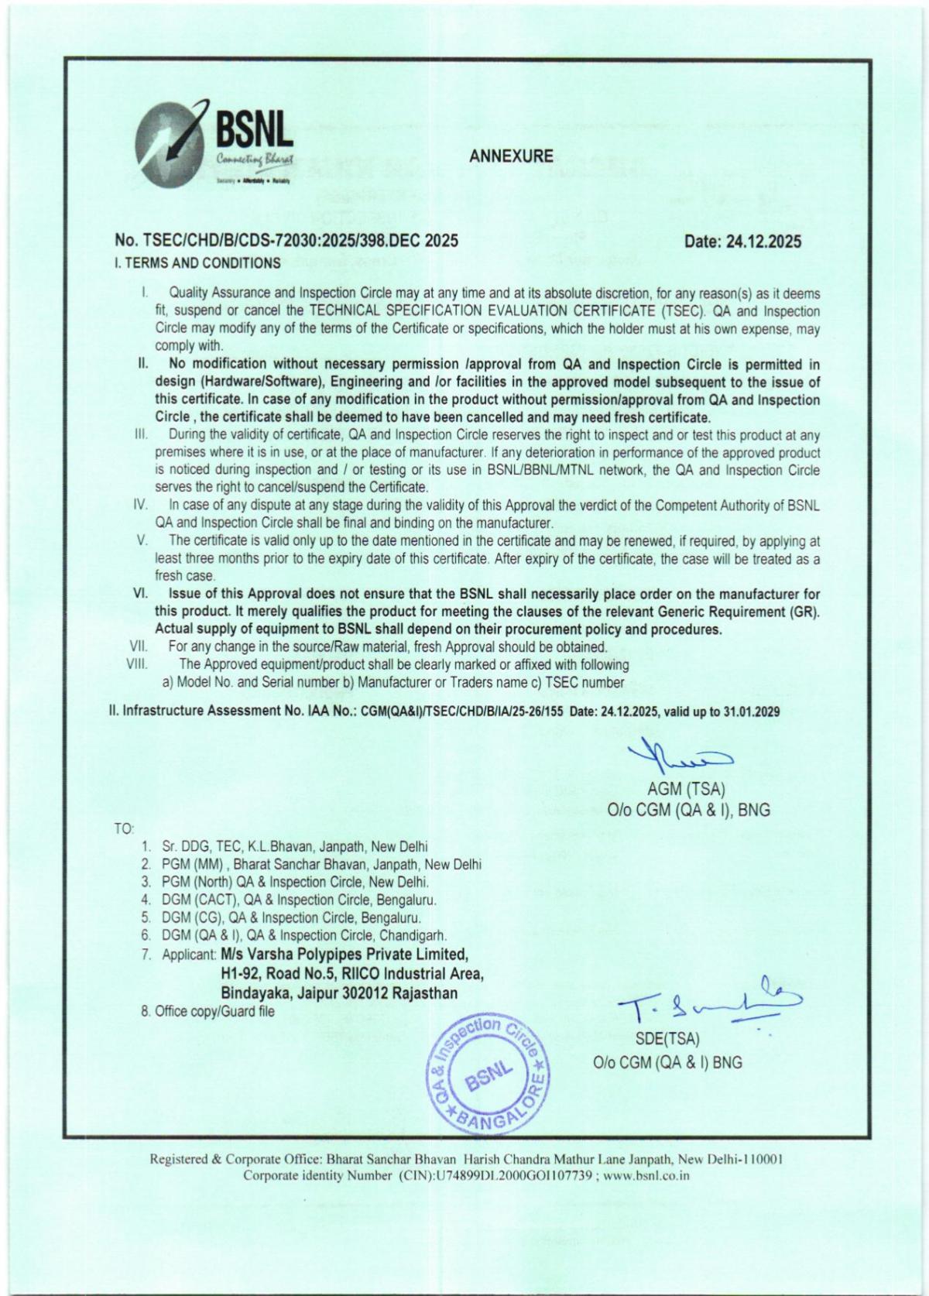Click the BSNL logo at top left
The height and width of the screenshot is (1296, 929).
coord(214,147)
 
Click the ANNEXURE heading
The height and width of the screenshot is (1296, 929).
coord(511,156)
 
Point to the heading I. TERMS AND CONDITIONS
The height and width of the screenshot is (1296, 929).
coord(197,263)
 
